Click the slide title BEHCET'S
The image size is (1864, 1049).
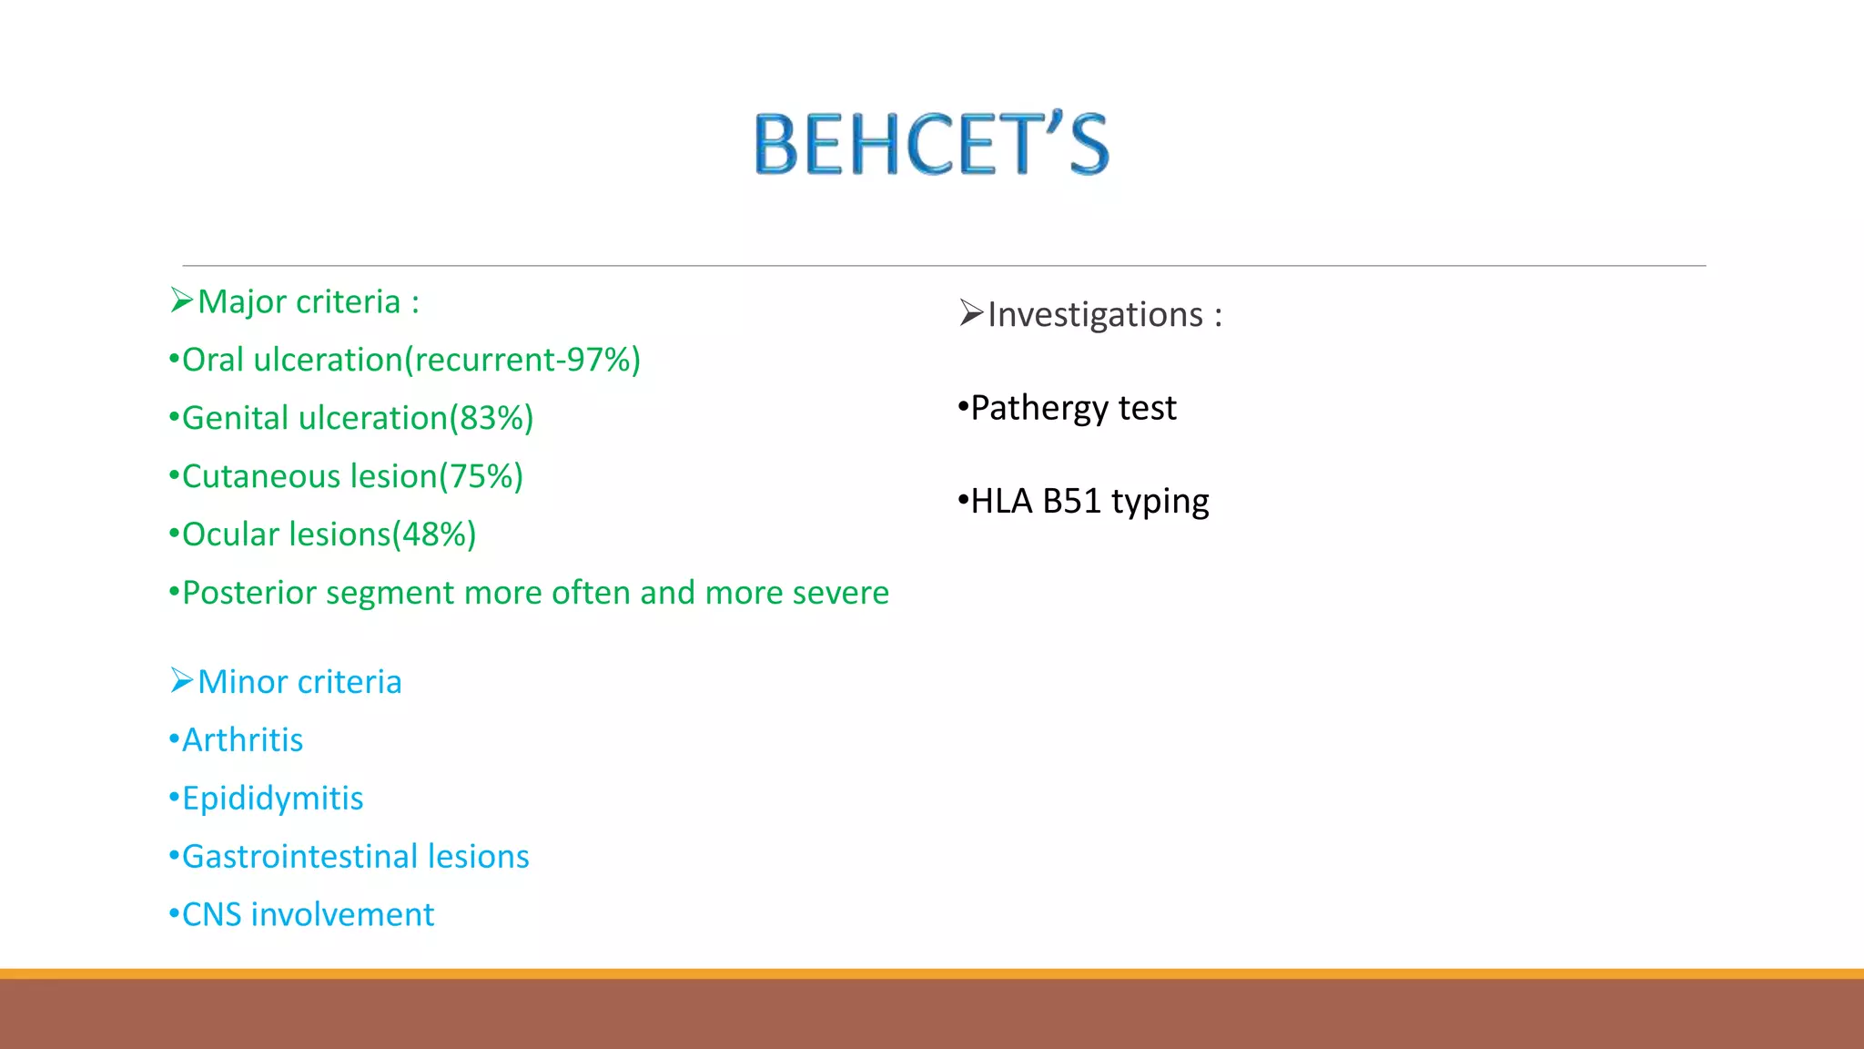tap(931, 144)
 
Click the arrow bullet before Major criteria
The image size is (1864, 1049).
tap(182, 300)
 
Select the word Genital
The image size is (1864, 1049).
tap(235, 418)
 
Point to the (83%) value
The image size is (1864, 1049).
tap(491, 418)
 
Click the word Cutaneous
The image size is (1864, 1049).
tap(261, 476)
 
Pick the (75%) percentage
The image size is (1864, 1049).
tap(481, 476)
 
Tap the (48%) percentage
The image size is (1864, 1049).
tap(434, 535)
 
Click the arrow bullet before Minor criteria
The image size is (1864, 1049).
tap(182, 680)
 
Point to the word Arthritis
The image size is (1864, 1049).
tap(242, 740)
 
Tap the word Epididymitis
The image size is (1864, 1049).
tap(272, 799)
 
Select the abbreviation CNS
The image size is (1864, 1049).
tap(211, 915)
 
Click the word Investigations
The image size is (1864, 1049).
tap(1095, 315)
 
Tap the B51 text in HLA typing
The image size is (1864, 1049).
tap(1071, 502)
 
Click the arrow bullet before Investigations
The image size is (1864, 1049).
tap(971, 313)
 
